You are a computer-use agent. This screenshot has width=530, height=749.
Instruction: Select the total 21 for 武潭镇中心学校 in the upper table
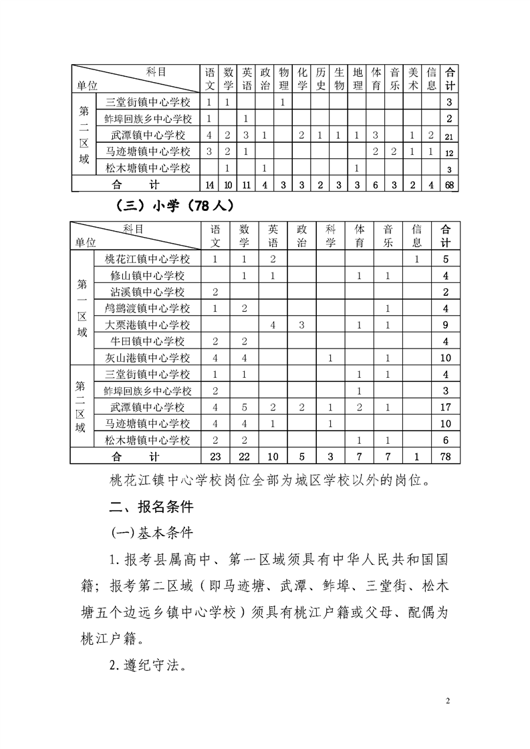click(x=450, y=136)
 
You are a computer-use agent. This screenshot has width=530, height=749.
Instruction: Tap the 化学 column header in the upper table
click(x=302, y=79)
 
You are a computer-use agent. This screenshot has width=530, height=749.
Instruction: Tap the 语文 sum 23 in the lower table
click(x=215, y=457)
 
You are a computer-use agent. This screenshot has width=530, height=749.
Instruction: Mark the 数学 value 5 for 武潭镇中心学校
click(x=245, y=407)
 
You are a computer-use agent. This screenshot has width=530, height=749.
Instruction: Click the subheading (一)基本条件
click(x=146, y=533)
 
